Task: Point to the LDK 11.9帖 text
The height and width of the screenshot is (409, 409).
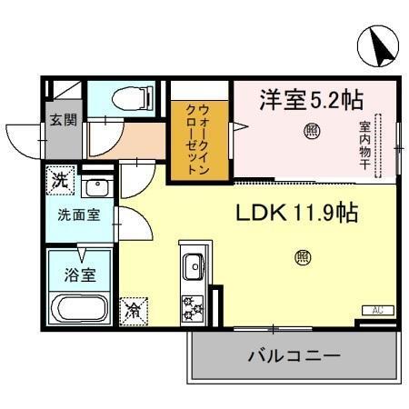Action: click(296, 214)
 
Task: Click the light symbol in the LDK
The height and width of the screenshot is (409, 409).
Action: click(301, 257)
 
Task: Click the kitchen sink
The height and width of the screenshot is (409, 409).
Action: click(193, 268)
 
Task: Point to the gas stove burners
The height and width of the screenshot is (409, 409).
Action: click(193, 307)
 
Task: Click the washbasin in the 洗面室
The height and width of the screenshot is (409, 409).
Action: click(95, 190)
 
